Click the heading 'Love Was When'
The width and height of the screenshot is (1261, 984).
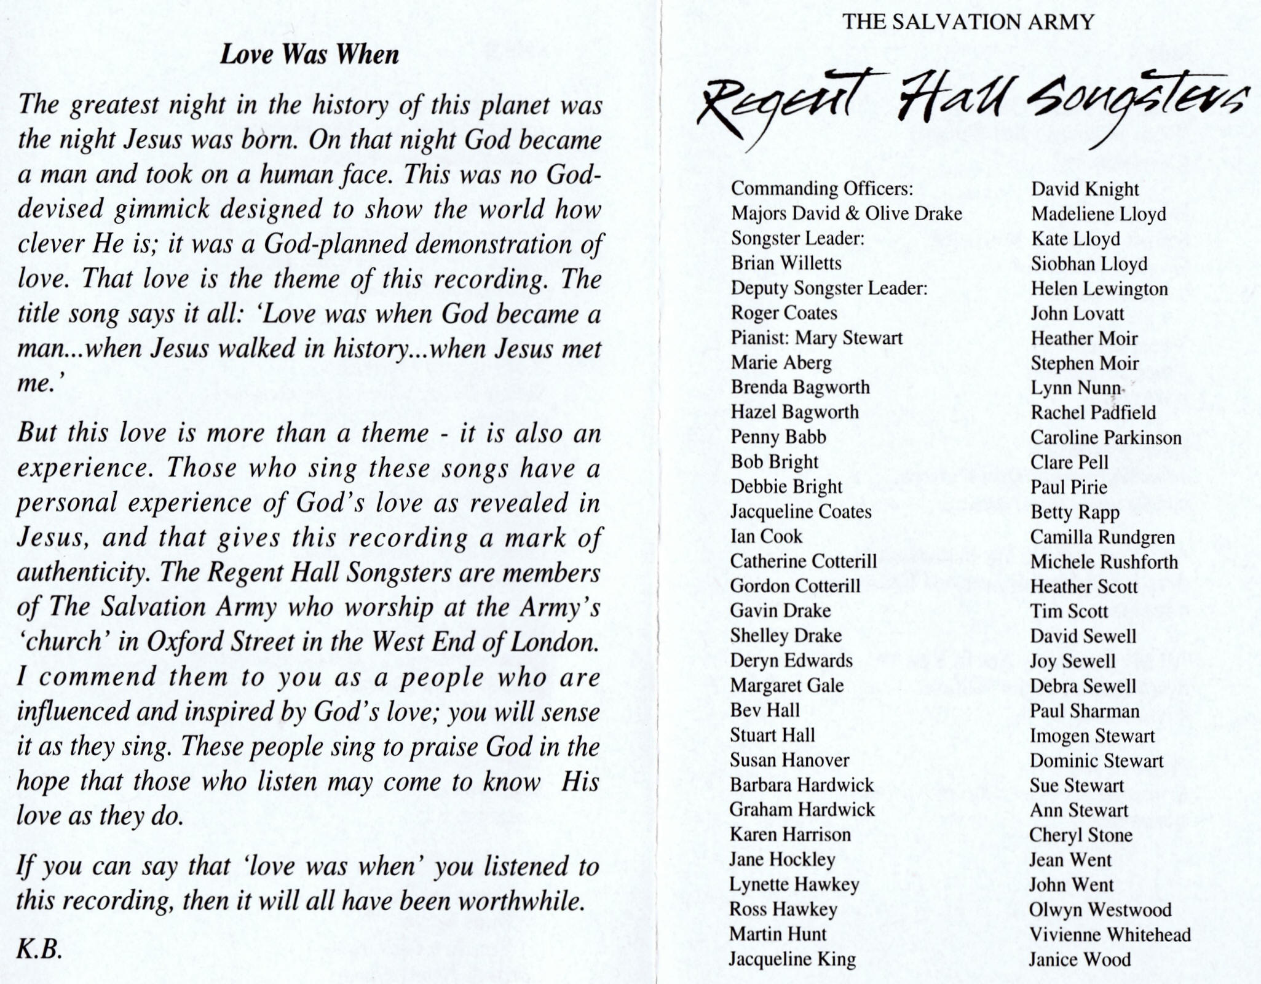point(309,55)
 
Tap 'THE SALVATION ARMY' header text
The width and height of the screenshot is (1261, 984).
point(968,22)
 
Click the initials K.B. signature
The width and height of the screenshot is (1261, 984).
point(39,950)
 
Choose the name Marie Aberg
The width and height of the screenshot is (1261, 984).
point(781,363)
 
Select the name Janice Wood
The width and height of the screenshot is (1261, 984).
point(1080,959)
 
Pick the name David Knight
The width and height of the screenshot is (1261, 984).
point(1085,189)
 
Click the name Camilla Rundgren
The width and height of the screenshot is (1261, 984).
point(1102,537)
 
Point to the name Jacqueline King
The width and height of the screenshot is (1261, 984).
point(793,959)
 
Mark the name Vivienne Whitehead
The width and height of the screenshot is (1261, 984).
point(1110,935)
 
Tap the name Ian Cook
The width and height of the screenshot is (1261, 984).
point(766,536)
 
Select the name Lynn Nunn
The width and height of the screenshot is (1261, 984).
point(1077,388)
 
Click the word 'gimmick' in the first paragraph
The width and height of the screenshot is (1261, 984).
point(162,210)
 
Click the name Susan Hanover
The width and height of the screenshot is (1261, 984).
point(789,760)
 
